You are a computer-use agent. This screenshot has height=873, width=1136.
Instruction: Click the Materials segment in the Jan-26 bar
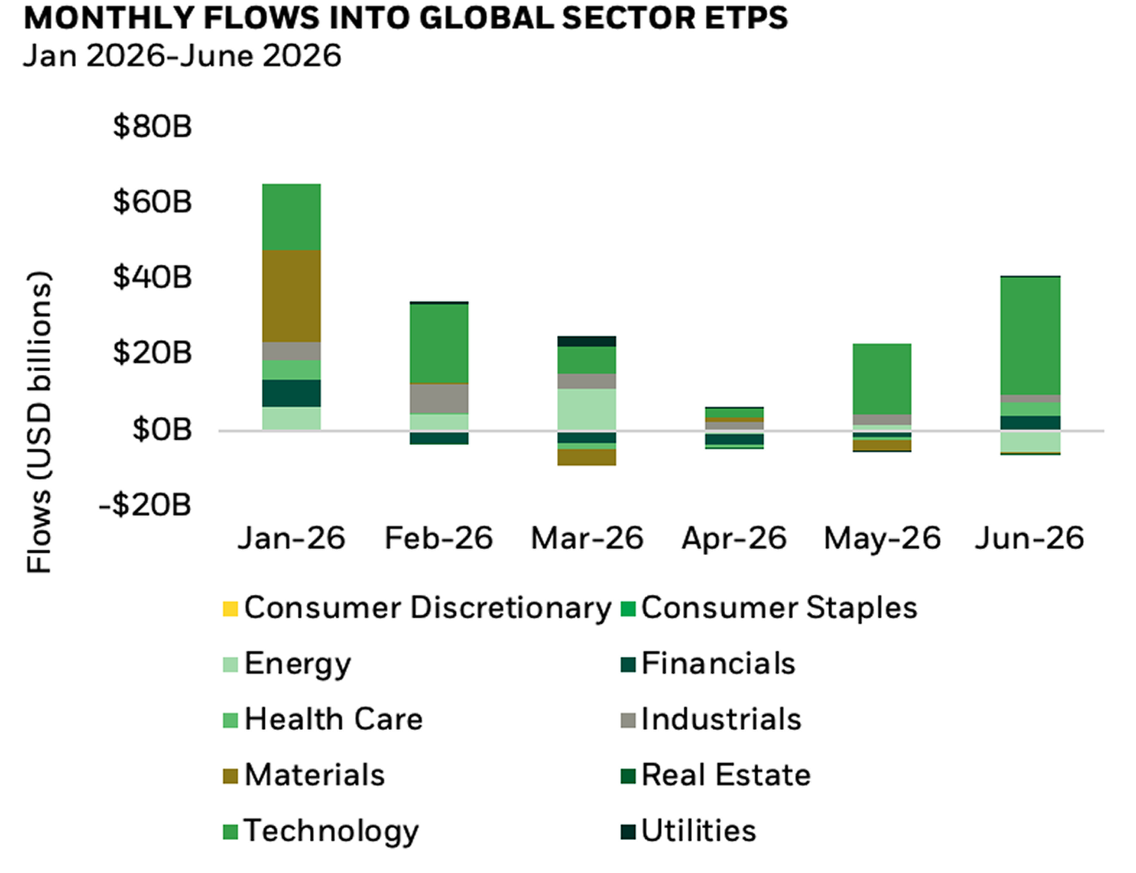(x=291, y=296)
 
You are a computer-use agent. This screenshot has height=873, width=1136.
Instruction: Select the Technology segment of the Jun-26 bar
(x=1030, y=335)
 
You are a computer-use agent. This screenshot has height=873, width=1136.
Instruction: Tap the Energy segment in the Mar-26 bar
(x=587, y=410)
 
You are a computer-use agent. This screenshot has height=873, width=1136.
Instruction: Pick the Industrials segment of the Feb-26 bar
(x=439, y=399)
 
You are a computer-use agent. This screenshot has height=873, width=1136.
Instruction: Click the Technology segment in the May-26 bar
(x=883, y=379)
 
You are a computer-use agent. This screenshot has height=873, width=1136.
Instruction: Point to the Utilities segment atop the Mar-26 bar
(x=587, y=341)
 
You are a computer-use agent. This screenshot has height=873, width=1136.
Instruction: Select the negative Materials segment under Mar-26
(x=587, y=457)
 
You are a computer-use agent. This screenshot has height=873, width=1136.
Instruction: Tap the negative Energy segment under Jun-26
(x=1030, y=441)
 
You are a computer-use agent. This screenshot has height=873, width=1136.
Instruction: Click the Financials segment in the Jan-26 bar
(x=291, y=393)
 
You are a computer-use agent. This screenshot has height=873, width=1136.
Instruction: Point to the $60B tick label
(x=152, y=202)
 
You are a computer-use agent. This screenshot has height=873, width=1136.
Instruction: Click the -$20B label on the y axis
(x=145, y=505)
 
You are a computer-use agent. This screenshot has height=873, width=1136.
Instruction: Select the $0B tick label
(x=162, y=429)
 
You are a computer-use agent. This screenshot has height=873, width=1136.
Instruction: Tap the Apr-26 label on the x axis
(x=734, y=538)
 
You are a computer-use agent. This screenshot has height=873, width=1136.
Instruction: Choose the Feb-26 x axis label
(x=439, y=538)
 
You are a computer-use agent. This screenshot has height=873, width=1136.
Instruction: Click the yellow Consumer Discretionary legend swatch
(x=230, y=609)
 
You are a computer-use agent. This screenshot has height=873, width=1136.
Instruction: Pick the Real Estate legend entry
(x=716, y=774)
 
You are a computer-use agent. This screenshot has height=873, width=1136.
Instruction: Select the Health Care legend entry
(x=323, y=719)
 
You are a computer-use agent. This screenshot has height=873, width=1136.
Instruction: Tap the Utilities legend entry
(x=689, y=830)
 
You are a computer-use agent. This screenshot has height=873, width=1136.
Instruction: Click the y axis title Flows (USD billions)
(x=39, y=422)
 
